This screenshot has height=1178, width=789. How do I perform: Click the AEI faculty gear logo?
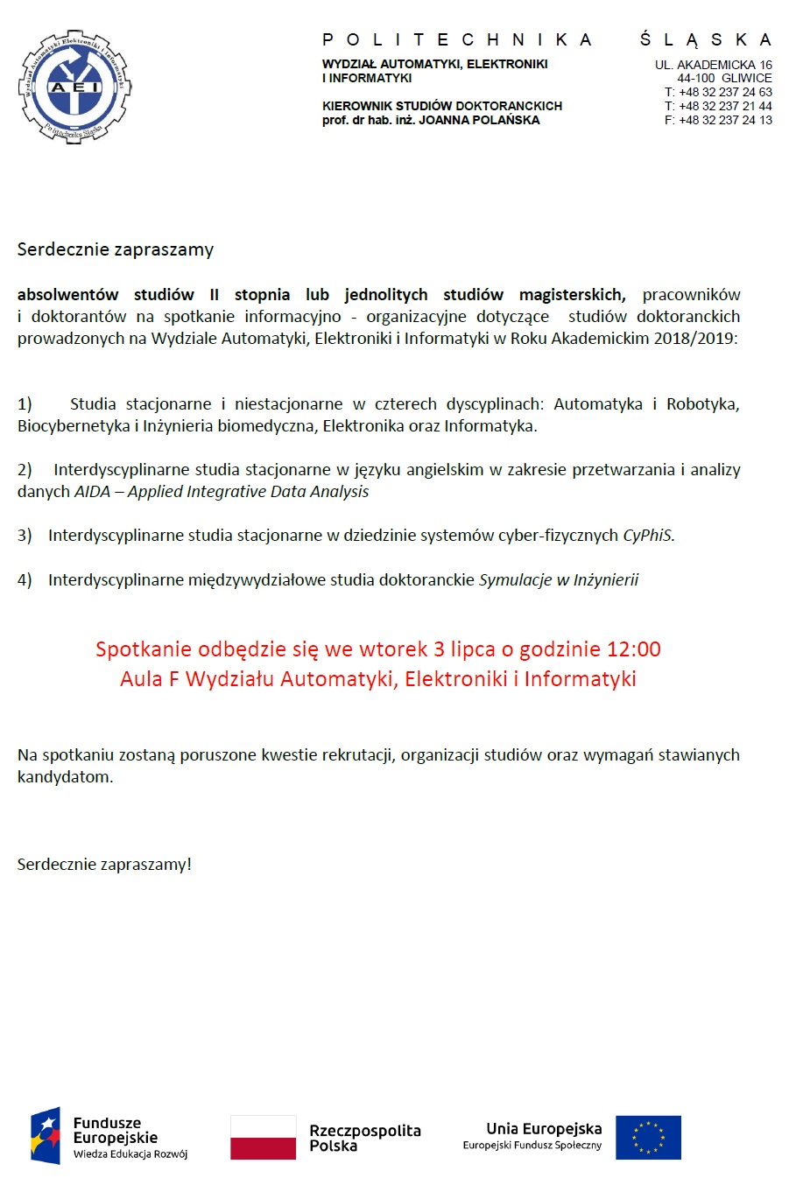coord(74,87)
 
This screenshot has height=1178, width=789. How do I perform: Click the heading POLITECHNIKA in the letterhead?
coord(457,40)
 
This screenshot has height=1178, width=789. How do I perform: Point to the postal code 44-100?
coord(695,78)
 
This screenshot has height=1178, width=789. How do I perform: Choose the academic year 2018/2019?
coord(694,339)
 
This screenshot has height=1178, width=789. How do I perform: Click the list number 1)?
coord(25,404)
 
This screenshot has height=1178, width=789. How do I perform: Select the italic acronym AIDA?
coord(92,492)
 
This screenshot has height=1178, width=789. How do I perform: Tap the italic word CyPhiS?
coord(648,536)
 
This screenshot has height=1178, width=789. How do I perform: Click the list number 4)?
coord(25,579)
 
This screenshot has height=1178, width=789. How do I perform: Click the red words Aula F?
coord(150,679)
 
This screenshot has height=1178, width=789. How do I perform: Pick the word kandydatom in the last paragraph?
coord(65,777)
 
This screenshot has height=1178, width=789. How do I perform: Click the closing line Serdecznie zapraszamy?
coord(104,865)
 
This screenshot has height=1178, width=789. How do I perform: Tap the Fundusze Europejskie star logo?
coord(46,1136)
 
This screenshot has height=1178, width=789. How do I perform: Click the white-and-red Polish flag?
coord(263,1137)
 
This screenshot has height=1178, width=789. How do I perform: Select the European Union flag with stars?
coord(648,1137)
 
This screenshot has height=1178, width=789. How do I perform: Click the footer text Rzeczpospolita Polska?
coord(364,1138)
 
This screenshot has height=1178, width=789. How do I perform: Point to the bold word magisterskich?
coord(572,295)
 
